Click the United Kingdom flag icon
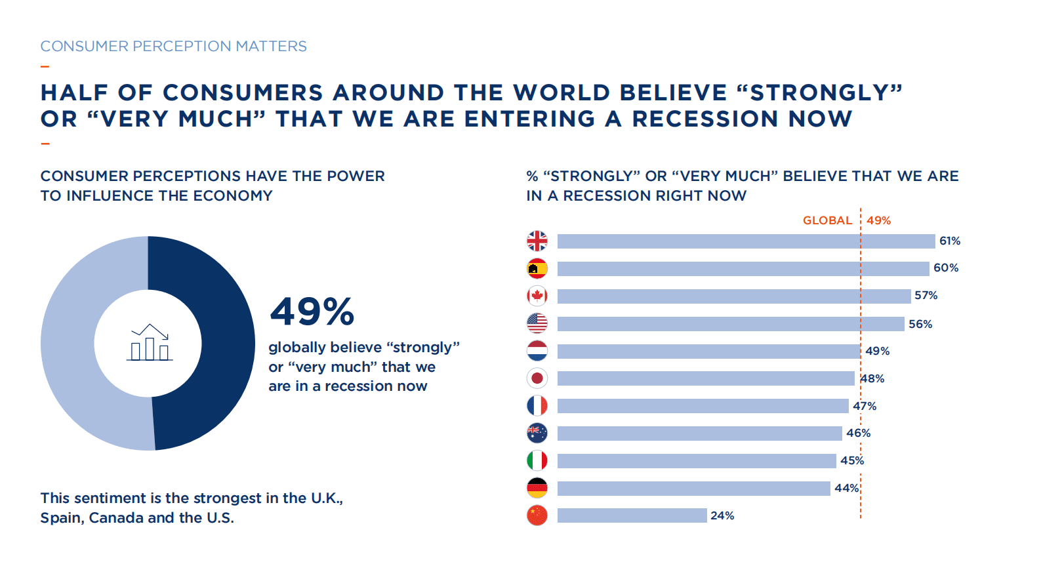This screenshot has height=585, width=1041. (537, 241)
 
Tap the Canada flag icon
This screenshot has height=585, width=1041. (537, 296)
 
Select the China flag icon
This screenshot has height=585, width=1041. (537, 515)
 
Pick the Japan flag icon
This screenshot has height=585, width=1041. (537, 378)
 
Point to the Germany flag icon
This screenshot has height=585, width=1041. (537, 488)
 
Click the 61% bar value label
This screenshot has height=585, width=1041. (949, 241)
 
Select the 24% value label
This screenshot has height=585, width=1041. (722, 516)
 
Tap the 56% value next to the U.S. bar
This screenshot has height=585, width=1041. (920, 324)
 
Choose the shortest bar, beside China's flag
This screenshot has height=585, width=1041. (632, 515)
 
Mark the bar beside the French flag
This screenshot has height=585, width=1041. (703, 406)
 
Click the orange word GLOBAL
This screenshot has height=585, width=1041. (827, 221)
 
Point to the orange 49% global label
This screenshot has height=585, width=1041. (878, 221)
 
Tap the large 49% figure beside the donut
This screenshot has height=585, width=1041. (312, 312)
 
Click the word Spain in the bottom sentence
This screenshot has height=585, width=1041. (62, 518)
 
